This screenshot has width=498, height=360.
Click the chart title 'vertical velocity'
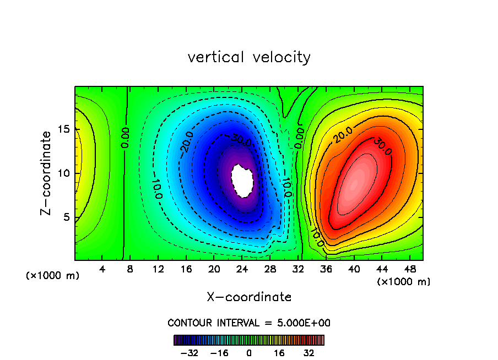click(249, 57)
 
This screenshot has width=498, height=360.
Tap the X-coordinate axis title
click(249, 297)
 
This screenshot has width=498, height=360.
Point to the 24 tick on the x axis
click(242, 270)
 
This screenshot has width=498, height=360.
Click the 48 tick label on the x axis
click(409, 270)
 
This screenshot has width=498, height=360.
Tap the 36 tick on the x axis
click(326, 270)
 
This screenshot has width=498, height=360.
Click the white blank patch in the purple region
click(242, 179)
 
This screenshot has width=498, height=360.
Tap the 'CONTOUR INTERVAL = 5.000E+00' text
click(249, 323)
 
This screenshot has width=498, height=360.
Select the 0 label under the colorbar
click(249, 352)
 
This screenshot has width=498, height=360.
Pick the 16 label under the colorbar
click(279, 352)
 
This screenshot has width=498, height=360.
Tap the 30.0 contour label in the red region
click(381, 146)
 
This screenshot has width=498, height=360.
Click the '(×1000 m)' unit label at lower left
click(53, 275)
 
